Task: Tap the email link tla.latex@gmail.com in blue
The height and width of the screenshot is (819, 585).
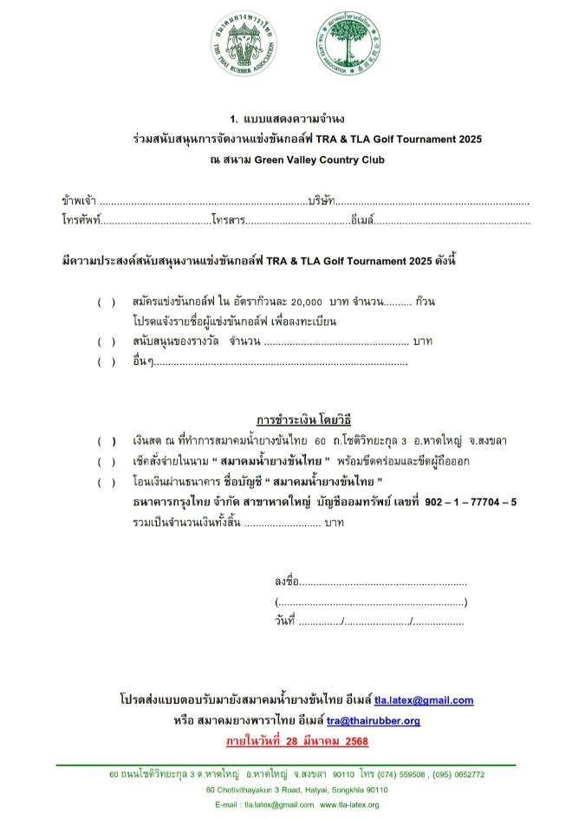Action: tap(424, 700)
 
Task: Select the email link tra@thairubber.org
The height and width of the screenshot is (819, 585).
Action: tap(374, 721)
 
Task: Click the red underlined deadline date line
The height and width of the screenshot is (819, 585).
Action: tap(292, 742)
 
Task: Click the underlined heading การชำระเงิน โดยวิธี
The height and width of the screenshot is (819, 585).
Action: tap(291, 421)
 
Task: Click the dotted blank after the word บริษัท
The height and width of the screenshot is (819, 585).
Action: tap(432, 202)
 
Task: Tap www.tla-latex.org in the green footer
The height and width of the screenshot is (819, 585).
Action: tap(349, 805)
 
